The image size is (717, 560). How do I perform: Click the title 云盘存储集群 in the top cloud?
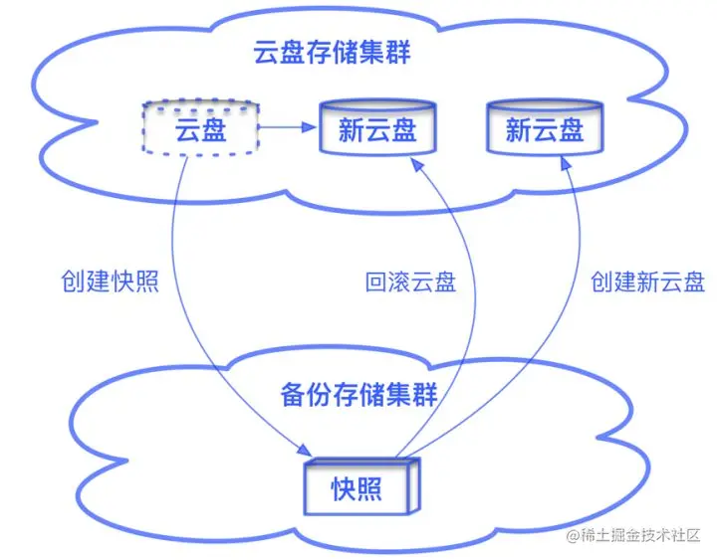coord(332,53)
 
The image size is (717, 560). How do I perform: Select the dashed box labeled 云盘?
coord(200,128)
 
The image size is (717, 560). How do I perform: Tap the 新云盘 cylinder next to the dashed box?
coord(376,128)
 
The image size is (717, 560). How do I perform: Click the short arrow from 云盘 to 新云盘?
coord(288,127)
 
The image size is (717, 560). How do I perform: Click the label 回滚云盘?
coord(409,281)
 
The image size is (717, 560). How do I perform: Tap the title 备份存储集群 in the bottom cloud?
coord(359,395)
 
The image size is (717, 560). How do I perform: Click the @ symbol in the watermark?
coord(573,538)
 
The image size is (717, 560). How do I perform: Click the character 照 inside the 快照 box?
coord(370,488)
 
